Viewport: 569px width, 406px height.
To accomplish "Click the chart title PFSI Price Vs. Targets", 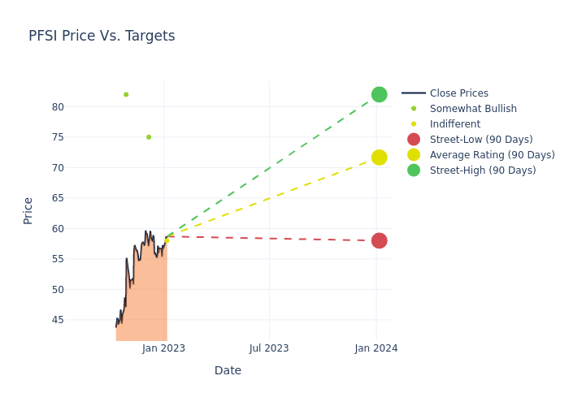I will (x=102, y=36).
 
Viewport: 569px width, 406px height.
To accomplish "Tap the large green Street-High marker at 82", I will (x=379, y=94).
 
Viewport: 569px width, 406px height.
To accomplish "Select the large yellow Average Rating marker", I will (x=379, y=157).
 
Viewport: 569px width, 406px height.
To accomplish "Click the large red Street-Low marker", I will (x=379, y=240).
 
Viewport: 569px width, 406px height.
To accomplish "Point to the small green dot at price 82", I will (x=126, y=94).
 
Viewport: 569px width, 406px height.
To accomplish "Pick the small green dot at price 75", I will (x=149, y=137).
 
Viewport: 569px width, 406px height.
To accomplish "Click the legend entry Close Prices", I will (x=458, y=93).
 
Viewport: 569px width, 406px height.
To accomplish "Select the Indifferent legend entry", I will (x=454, y=124).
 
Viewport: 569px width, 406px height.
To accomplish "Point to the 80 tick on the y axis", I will (x=58, y=106).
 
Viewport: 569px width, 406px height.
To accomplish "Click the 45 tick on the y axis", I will (x=58, y=320).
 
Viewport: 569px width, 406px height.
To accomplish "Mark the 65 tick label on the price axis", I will (x=58, y=198).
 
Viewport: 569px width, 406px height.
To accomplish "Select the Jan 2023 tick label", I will (x=163, y=348).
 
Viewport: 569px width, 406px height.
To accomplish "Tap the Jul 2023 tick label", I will (x=269, y=348).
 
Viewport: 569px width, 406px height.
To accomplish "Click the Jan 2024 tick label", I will (x=376, y=348).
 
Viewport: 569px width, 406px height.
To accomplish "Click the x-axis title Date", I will (x=228, y=371).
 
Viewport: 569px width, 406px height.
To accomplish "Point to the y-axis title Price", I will (x=28, y=210).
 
